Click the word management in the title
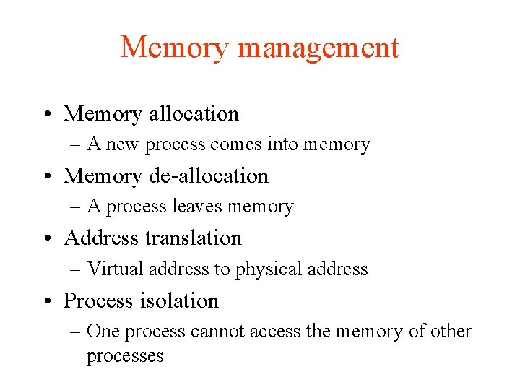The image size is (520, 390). [x=318, y=48]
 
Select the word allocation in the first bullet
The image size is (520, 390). [x=193, y=113]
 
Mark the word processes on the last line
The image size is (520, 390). [x=125, y=356]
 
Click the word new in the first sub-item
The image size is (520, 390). [x=123, y=145]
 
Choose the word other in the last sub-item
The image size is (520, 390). [x=451, y=331]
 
